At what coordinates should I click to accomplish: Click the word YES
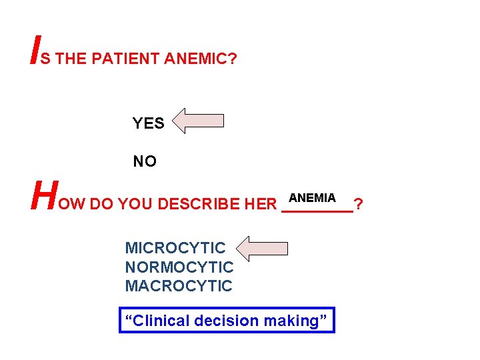[x=148, y=123]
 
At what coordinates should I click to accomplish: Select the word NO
[x=145, y=161]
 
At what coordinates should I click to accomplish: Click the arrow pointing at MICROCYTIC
[x=263, y=249]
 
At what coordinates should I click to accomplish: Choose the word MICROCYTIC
[x=175, y=248]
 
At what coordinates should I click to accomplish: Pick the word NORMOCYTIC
[x=179, y=267]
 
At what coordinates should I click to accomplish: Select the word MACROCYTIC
[x=179, y=286]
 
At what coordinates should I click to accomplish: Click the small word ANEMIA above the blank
[x=313, y=198]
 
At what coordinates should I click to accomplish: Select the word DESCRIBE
[x=201, y=203]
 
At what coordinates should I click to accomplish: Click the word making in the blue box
[x=292, y=321]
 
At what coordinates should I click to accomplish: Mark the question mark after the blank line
[x=359, y=203]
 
